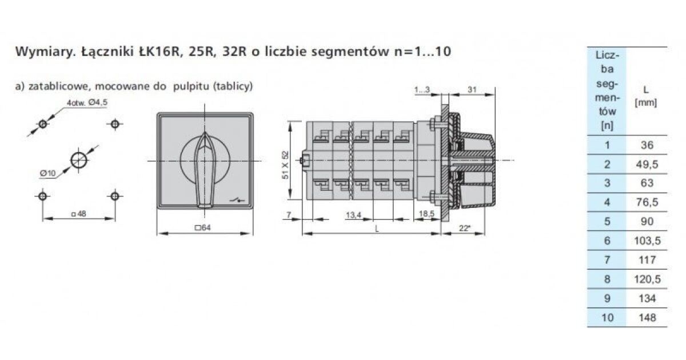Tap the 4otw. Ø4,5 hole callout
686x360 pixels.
coord(87,102)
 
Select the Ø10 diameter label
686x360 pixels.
coord(47,173)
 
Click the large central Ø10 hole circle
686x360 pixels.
coord(79,160)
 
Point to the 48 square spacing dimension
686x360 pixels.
coord(79,214)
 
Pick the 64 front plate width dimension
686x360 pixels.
coord(203,228)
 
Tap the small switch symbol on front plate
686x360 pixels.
coord(237,201)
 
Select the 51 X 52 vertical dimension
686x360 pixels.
coord(285,165)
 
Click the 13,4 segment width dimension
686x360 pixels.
coord(353,215)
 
